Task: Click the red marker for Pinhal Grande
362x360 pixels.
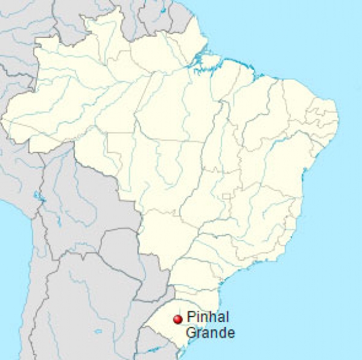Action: [x=177, y=319]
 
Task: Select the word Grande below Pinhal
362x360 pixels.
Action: [x=211, y=332]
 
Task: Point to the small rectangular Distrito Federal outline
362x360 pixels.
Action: [x=227, y=197]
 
